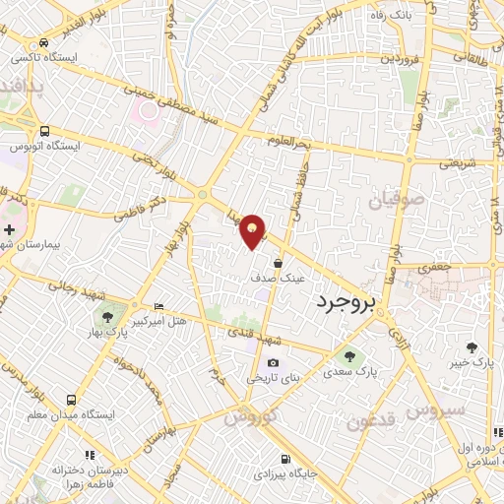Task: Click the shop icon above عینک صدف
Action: tap(279, 264)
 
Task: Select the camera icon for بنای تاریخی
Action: tap(273, 363)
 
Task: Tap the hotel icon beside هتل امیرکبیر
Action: tap(159, 307)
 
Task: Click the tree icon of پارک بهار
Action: tap(106, 317)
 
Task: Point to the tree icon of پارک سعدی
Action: tap(346, 356)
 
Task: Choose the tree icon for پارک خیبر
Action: tap(472, 346)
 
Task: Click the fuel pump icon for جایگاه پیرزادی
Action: tap(285, 459)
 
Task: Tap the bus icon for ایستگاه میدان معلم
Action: tap(71, 400)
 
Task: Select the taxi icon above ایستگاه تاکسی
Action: tap(44, 44)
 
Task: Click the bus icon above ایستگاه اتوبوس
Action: tap(44, 131)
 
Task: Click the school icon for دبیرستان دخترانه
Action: tap(90, 455)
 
